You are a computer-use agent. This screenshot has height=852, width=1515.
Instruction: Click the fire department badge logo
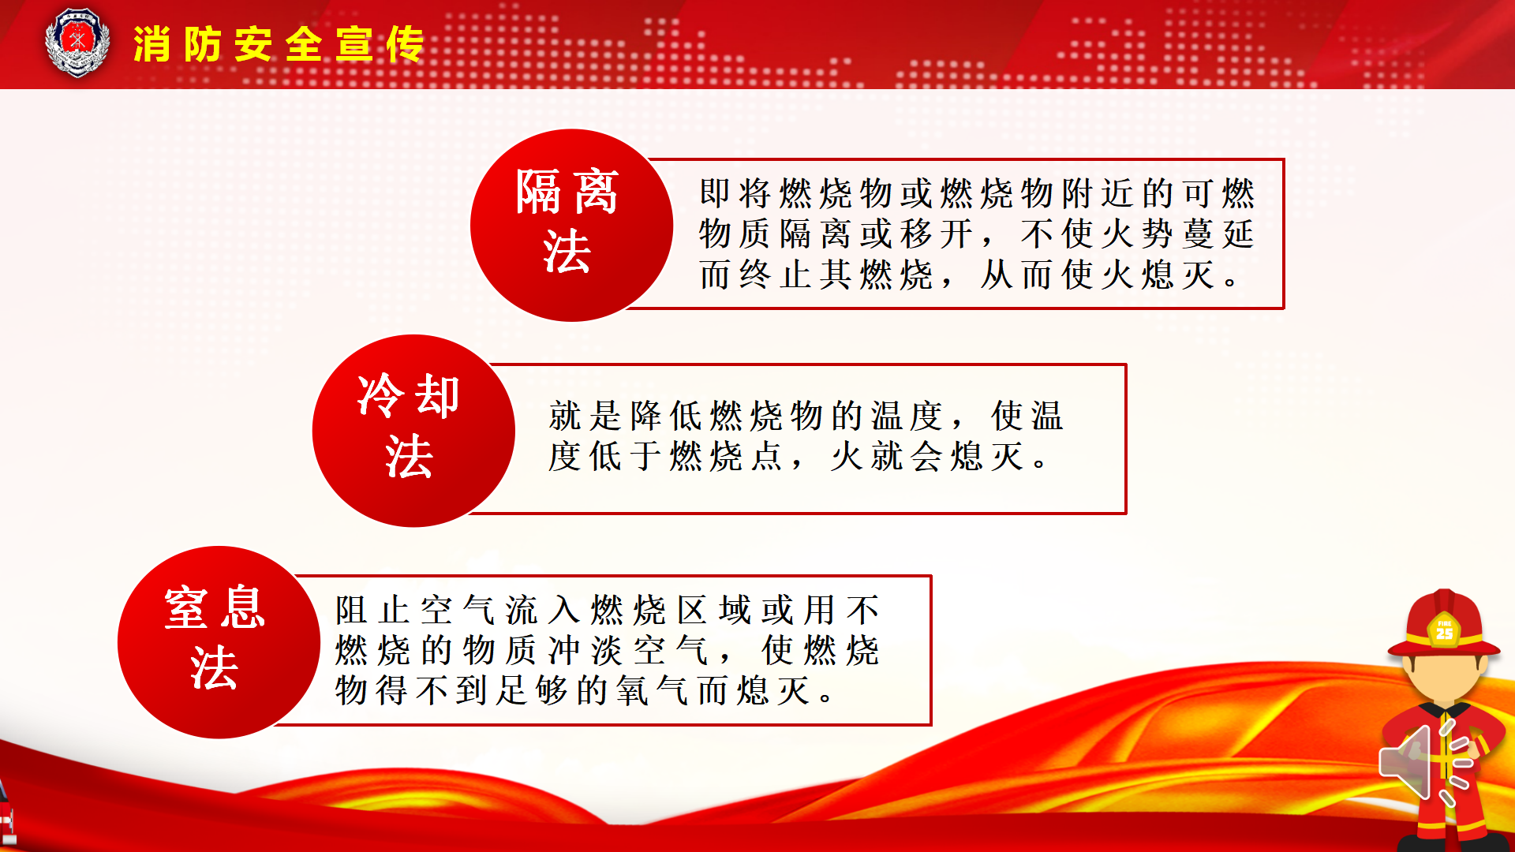point(77,43)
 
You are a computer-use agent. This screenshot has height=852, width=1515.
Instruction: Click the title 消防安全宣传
point(279,44)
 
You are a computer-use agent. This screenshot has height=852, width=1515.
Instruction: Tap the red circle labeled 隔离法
point(571,226)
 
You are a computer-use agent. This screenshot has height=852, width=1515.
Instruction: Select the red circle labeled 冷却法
point(413,431)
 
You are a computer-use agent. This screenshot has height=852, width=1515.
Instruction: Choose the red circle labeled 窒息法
point(219,642)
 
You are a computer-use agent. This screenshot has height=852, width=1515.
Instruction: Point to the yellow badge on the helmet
point(1444,630)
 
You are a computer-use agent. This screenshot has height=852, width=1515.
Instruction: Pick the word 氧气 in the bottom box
point(653,690)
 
